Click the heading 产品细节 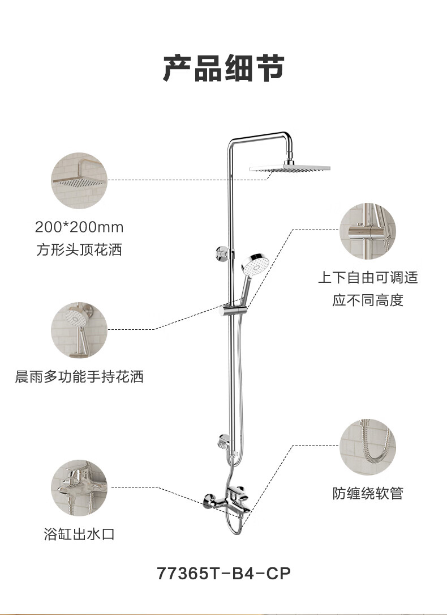tap(223, 68)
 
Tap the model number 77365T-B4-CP tap(223, 573)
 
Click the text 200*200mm tap(79, 227)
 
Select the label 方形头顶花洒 tap(79, 249)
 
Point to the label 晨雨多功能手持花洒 tap(79, 376)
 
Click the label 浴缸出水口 tap(79, 534)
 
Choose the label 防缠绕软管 tap(368, 493)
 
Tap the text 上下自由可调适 tap(368, 277)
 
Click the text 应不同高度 tap(368, 300)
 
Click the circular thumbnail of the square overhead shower tap(79, 180)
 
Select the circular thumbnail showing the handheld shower tap(79, 330)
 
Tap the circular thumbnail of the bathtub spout tap(79, 487)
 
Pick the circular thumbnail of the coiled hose tap(368, 447)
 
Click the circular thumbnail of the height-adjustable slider tap(368, 231)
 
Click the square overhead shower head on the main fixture tap(290, 168)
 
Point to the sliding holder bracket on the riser tap(234, 309)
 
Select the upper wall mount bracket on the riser tap(223, 253)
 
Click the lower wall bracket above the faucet tap(225, 442)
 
